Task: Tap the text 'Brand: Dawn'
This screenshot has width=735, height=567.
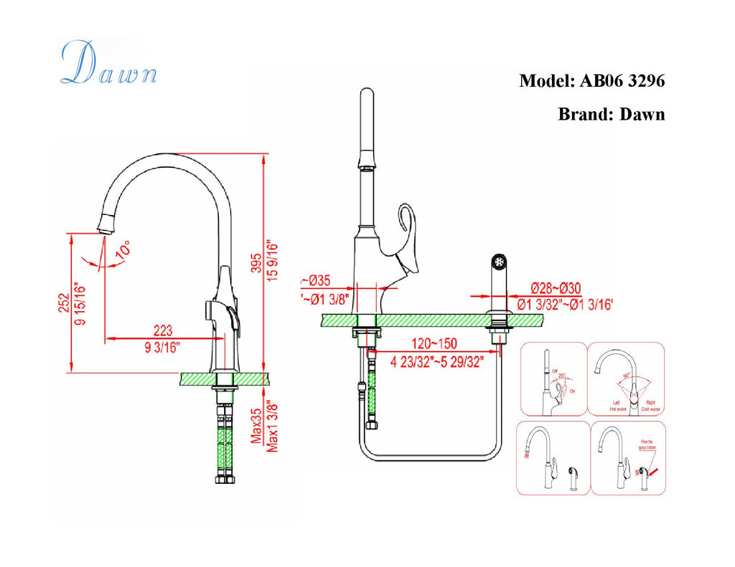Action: point(611,114)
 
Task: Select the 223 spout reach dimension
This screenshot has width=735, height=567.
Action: point(163,330)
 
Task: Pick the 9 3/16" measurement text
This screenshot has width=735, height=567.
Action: point(163,348)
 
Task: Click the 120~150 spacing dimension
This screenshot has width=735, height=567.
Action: point(434,344)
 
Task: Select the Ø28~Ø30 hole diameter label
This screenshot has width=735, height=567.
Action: point(556,288)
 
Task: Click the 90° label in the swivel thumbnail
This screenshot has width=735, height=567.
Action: point(627,376)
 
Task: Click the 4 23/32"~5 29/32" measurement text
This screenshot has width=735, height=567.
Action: point(434,362)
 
